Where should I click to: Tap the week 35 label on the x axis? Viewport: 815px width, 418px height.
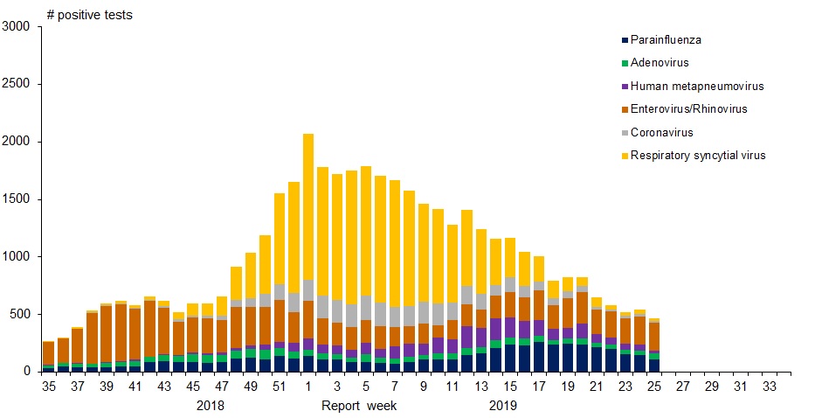tap(48, 386)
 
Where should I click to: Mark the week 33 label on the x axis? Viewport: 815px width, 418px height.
tap(770, 386)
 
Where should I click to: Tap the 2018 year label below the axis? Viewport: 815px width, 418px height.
tap(211, 406)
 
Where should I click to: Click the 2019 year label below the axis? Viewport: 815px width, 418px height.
tap(503, 406)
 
